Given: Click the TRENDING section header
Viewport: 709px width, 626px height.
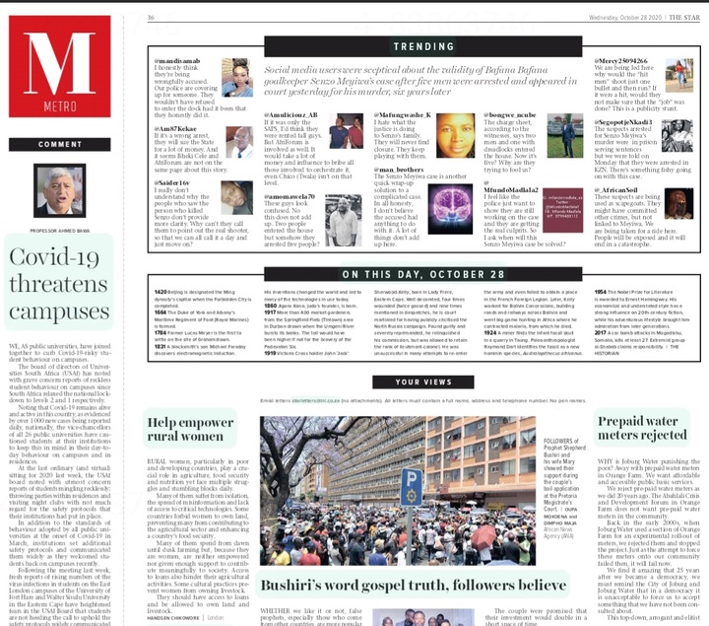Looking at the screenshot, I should [x=422, y=46].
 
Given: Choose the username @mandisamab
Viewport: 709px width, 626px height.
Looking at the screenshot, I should [x=177, y=61].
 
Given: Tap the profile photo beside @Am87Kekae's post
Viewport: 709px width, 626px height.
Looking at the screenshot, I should [x=241, y=141].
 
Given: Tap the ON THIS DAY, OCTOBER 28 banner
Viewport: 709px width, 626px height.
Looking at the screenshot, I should [x=423, y=273].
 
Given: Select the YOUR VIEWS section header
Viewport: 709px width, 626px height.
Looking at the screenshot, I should [x=423, y=382].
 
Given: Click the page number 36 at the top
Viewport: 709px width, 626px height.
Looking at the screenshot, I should [x=152, y=18].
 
